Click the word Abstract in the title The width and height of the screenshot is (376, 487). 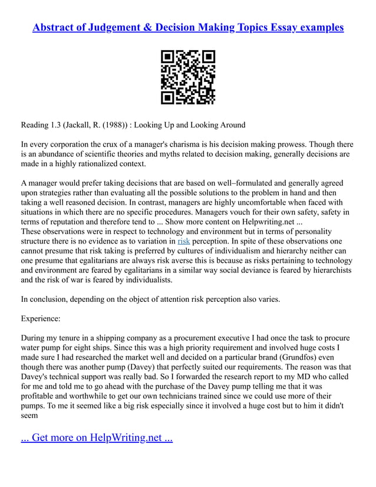[55, 28]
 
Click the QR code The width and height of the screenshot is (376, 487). [188, 77]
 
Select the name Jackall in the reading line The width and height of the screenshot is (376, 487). [87, 125]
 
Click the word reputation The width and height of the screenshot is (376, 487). [69, 222]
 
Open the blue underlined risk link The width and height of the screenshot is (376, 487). [184, 241]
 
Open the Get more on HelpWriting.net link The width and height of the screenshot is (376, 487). [97, 438]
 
